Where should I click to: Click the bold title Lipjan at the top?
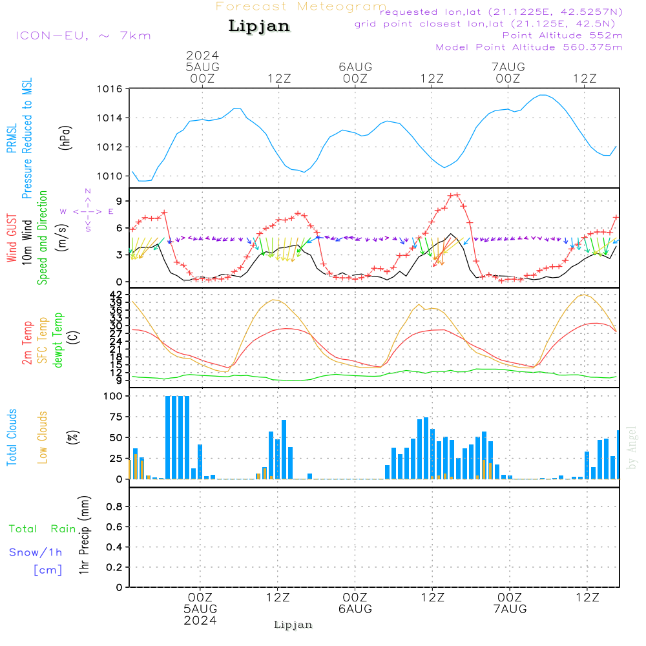[259, 26]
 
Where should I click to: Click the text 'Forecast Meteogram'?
[301, 6]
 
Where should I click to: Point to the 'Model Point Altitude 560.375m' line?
[529, 47]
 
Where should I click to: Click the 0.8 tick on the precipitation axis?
[114, 507]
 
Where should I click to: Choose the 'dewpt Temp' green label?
[58, 340]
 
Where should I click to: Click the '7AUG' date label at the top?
[508, 67]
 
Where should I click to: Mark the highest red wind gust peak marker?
[457, 194]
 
